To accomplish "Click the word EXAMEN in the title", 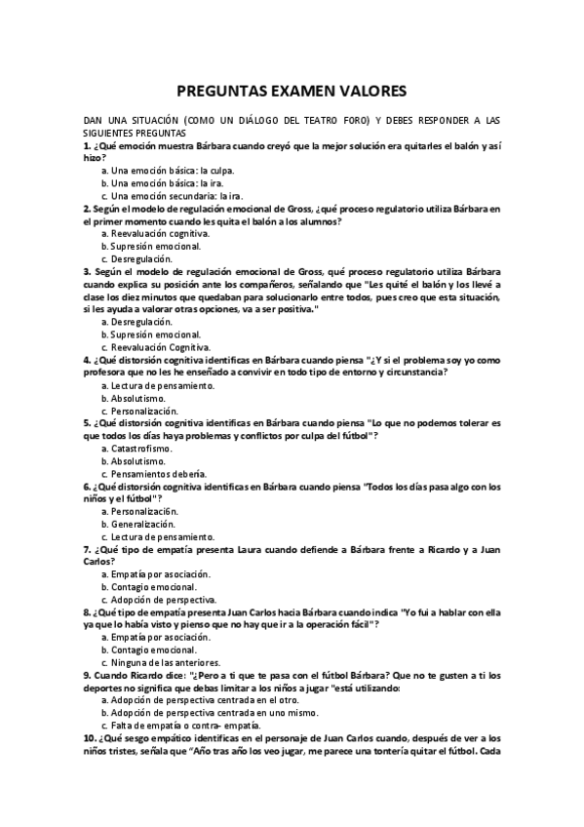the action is coord(292,91).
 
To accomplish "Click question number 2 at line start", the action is coord(86,209).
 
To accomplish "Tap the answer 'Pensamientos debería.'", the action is coord(159,473).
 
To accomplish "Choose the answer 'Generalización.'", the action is coord(147,524).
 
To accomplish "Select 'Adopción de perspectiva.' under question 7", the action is coord(163,600).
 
